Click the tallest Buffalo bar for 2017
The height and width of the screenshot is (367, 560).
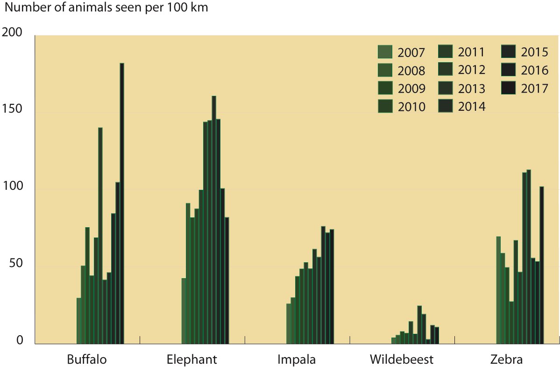(x=122, y=203)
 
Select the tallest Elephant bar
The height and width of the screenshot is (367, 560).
(x=214, y=220)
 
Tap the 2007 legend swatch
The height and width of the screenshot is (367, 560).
(x=384, y=52)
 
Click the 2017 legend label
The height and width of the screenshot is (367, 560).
(x=534, y=88)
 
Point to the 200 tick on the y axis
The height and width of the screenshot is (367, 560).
(x=13, y=33)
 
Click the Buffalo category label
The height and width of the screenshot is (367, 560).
(x=87, y=360)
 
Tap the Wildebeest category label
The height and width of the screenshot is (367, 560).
(x=402, y=360)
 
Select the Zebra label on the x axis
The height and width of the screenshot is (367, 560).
(x=507, y=360)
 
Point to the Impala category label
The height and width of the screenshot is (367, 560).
(x=297, y=360)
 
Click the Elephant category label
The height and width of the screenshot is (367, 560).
(x=192, y=360)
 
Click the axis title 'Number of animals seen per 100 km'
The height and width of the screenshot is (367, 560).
(x=106, y=8)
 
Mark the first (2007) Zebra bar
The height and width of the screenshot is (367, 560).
(x=498, y=290)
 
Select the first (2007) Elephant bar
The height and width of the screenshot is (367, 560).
(x=184, y=311)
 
